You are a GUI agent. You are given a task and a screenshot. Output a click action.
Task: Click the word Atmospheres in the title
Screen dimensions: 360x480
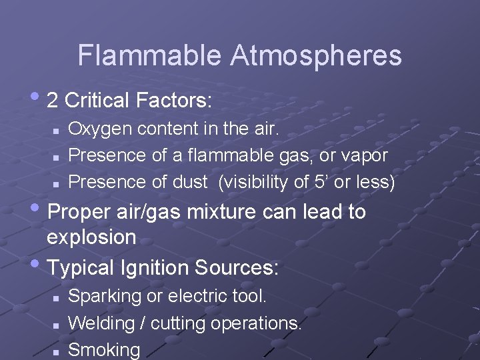(x=316, y=55)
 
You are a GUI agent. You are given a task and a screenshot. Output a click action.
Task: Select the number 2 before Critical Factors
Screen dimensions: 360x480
(x=53, y=101)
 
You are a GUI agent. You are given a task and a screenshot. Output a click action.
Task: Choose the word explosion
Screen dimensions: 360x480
(x=92, y=237)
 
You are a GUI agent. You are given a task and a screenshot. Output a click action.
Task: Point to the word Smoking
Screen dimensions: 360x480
(x=105, y=349)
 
